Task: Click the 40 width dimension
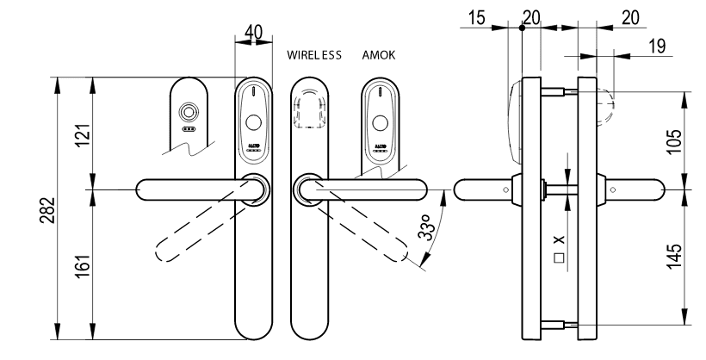pos(253,31)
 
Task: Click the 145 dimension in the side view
pos(676,255)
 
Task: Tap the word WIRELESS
pos(315,55)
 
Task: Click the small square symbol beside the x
pos(559,257)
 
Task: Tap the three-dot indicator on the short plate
pos(187,129)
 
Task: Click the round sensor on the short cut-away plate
pos(187,113)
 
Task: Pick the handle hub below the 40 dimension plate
pos(253,188)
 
